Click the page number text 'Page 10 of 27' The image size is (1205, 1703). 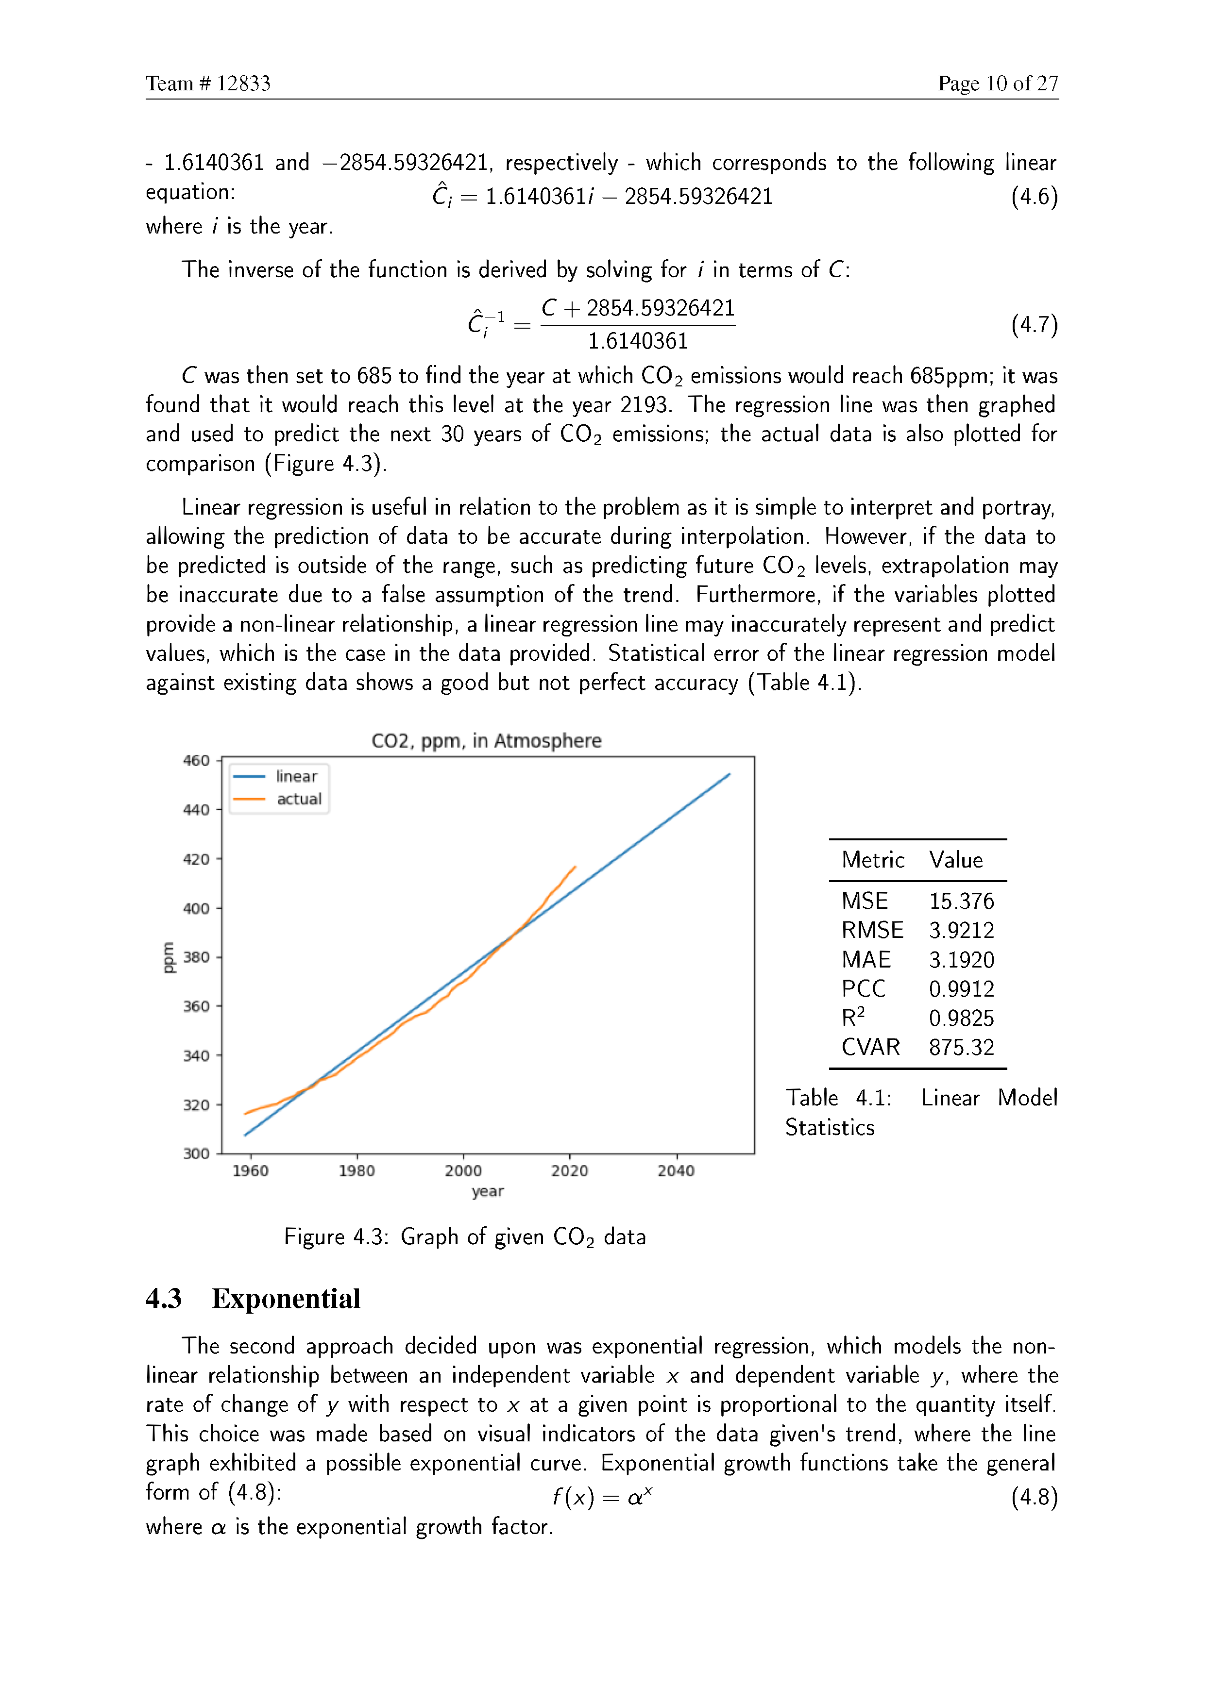(997, 84)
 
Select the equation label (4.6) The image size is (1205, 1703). (1034, 197)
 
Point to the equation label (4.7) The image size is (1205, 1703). (1034, 324)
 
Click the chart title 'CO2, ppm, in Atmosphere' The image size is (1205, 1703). (486, 741)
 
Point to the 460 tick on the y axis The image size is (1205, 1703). (197, 760)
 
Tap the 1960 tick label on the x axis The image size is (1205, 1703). (251, 1171)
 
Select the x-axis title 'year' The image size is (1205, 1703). (488, 1192)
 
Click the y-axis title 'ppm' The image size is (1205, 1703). (169, 957)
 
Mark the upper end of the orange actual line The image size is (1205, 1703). (575, 867)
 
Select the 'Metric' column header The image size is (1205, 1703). (873, 860)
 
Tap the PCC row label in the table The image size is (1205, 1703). (863, 989)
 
